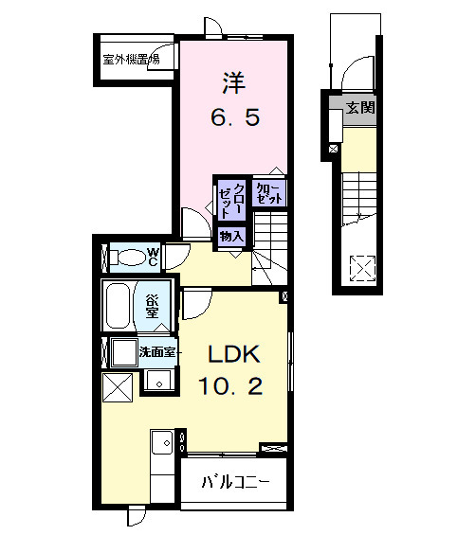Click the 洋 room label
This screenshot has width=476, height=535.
pos(234,84)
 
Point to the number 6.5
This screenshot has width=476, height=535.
pos(233,119)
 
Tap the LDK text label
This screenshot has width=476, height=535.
pos(234,354)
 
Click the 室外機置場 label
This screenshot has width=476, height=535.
pos(131,60)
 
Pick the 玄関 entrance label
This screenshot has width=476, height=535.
pos(359,107)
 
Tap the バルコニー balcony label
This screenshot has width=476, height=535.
pos(234,482)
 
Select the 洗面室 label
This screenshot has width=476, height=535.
pos(156,352)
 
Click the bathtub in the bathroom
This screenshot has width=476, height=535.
pos(119,304)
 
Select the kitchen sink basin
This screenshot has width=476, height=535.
pos(161,442)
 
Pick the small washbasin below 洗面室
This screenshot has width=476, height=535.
pos(158,382)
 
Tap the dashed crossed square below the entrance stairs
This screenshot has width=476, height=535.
pos(362,267)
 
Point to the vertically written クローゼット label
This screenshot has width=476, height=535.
pos(233,200)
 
